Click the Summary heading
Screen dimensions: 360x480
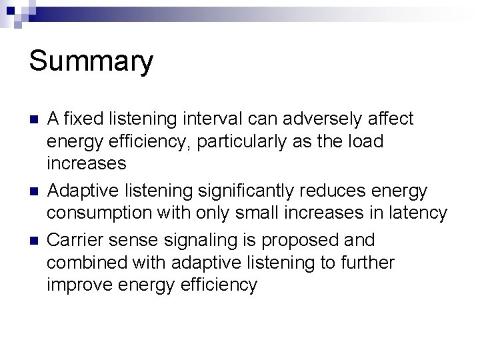(x=91, y=61)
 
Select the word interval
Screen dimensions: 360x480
(x=214, y=119)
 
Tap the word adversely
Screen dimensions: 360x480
(x=321, y=119)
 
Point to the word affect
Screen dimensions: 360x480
(x=391, y=119)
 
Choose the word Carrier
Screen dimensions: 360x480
(x=74, y=239)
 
